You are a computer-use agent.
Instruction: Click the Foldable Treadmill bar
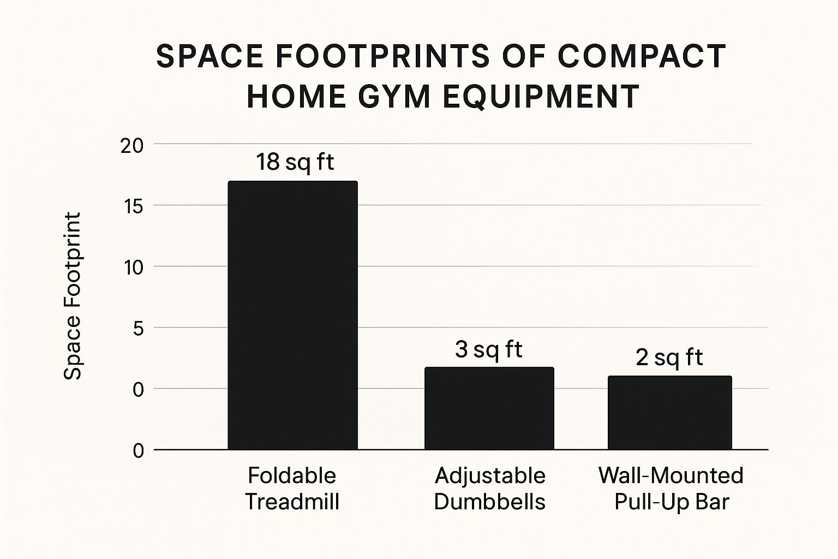click(x=292, y=315)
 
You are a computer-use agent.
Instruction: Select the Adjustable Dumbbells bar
click(x=489, y=408)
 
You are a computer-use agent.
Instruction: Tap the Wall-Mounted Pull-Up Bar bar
click(x=670, y=413)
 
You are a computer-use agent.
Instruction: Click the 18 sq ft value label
click(x=295, y=162)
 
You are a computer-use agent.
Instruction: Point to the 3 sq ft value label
click(x=489, y=349)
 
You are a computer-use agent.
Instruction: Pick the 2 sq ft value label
click(x=669, y=358)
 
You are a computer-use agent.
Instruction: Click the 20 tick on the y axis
click(x=132, y=146)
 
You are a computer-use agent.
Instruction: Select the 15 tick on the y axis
click(x=132, y=207)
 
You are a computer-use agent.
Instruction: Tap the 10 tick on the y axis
click(x=132, y=268)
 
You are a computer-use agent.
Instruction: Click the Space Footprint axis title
click(x=73, y=296)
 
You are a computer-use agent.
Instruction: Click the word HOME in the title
click(x=296, y=96)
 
